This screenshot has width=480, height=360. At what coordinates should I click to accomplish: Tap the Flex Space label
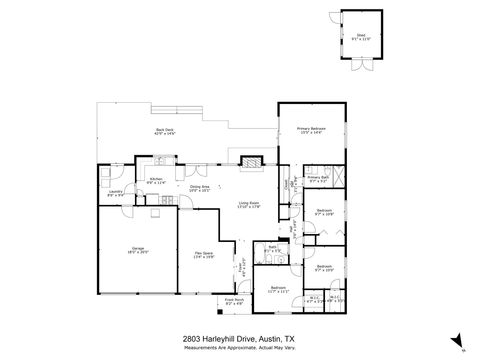point(202,254)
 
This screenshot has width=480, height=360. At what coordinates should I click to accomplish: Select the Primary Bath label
point(318,179)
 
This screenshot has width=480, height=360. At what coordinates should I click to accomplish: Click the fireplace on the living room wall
point(251,159)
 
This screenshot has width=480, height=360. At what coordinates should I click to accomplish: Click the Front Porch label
point(235,299)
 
